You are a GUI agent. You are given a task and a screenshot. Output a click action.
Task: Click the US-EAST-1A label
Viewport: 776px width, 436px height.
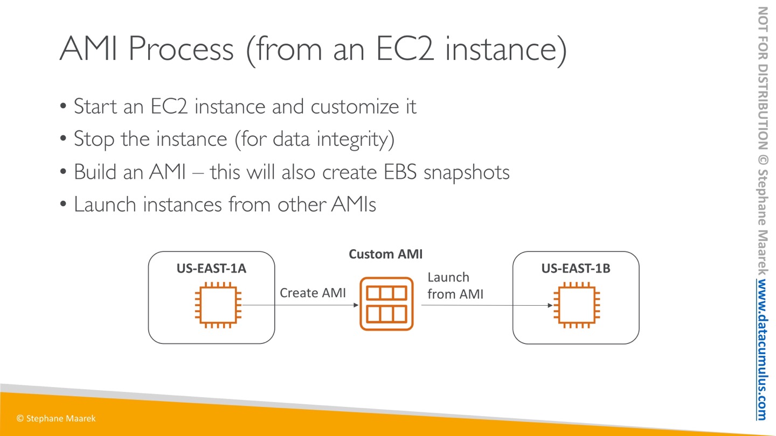tap(211, 268)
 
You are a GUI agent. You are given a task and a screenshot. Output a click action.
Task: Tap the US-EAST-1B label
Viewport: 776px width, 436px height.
tap(576, 268)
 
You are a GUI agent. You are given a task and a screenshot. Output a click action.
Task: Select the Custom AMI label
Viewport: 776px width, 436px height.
tap(385, 254)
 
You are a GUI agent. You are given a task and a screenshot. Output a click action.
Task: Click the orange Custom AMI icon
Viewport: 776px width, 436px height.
tap(386, 304)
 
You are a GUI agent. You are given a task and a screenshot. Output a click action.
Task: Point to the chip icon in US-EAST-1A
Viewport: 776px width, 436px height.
tap(218, 305)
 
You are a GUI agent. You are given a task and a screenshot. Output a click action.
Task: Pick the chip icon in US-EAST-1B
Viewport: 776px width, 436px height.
tap(576, 305)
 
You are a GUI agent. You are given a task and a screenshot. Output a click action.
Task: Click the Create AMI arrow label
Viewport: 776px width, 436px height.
tap(313, 293)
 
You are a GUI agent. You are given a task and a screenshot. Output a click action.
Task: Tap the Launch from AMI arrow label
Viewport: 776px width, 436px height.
tap(455, 286)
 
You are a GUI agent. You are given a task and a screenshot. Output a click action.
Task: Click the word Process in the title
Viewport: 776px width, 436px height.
tap(181, 50)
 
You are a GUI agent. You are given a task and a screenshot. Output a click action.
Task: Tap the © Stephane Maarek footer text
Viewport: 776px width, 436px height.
tap(56, 418)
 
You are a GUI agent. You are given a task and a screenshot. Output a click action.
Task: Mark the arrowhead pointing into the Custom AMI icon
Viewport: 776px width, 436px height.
tap(356, 305)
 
